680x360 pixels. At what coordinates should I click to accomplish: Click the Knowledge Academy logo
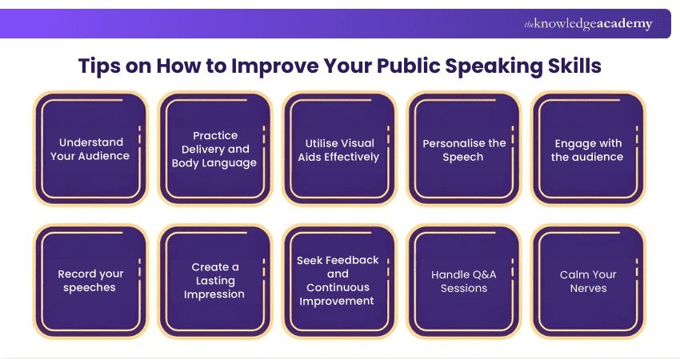tap(588, 24)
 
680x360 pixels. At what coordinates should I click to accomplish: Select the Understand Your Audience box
tap(90, 150)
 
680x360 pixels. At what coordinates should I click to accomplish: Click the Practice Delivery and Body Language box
tap(214, 150)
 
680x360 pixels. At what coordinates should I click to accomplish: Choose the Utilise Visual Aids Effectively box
tap(339, 150)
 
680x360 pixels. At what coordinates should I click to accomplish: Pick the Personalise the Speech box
tap(464, 150)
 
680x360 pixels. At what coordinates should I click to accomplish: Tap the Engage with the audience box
tap(588, 150)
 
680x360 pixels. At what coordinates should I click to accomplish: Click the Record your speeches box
tap(90, 281)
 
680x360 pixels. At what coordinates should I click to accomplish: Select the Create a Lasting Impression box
tap(214, 281)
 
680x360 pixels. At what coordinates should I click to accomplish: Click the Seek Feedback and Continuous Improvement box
tap(339, 281)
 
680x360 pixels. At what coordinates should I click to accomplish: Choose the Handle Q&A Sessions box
tap(464, 281)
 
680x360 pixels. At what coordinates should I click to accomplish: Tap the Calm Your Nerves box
tap(588, 281)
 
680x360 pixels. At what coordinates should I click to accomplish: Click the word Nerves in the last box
tap(588, 288)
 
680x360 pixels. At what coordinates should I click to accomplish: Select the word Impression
tap(214, 294)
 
